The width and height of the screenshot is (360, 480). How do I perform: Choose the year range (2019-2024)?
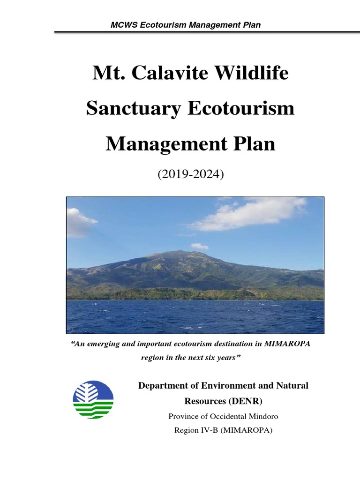[190, 175]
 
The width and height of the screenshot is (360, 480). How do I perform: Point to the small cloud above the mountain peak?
[199, 246]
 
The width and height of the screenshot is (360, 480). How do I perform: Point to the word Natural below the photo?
[291, 386]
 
